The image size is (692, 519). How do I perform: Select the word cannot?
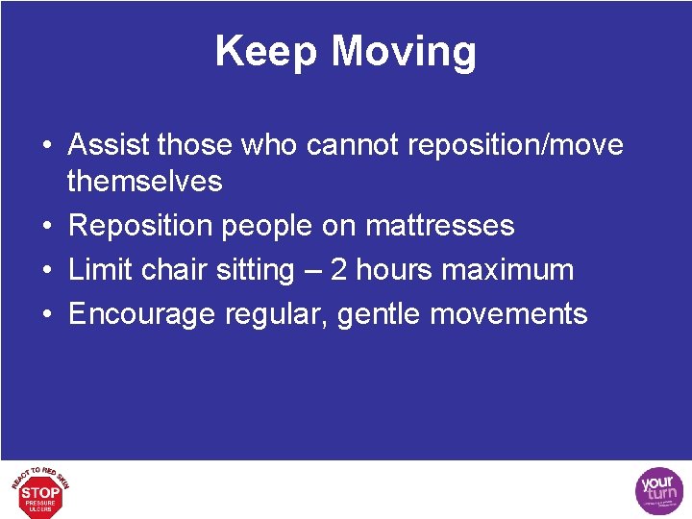[354, 145]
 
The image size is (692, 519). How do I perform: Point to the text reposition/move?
[515, 145]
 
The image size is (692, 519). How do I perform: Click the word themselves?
[144, 181]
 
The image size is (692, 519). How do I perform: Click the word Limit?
[102, 270]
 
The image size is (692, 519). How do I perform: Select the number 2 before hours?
[340, 270]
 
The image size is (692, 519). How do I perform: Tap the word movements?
[520, 314]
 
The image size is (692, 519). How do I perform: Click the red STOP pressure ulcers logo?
[40, 490]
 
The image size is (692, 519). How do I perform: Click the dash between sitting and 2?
[312, 271]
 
